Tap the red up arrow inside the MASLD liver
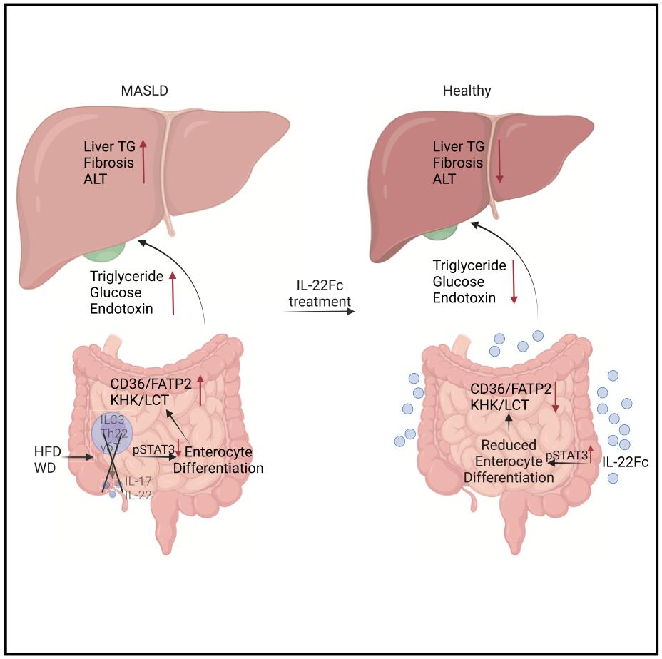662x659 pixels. (143, 162)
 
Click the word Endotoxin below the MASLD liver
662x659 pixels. (121, 308)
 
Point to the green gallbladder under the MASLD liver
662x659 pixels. (104, 250)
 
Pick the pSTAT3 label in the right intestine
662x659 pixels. (565, 454)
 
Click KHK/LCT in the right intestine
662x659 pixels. (499, 404)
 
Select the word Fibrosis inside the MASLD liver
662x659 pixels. (106, 162)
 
